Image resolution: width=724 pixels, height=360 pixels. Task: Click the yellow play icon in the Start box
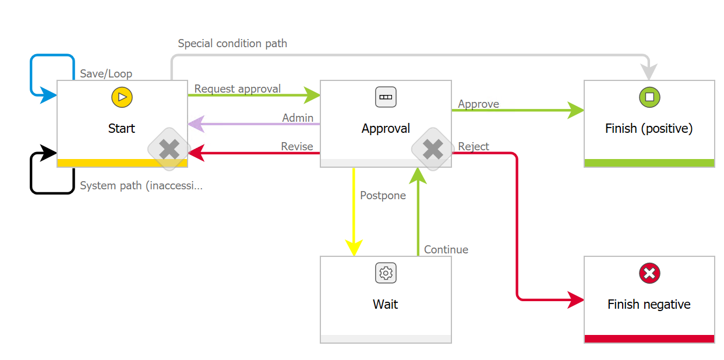(122, 97)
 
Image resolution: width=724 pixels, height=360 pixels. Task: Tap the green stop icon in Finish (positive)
(649, 97)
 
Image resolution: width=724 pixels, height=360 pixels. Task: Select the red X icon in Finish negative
(649, 273)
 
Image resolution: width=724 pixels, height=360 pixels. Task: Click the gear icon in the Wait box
(386, 273)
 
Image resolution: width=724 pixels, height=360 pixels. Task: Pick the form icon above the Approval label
(386, 97)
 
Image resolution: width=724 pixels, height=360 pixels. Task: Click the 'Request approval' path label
(238, 89)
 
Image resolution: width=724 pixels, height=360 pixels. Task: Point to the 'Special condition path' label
(232, 44)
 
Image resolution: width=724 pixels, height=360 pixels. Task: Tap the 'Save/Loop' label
(106, 74)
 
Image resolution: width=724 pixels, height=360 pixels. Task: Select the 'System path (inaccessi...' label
(142, 186)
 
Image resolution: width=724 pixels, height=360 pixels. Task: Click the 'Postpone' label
(383, 196)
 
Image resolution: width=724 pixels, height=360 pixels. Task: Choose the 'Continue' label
(446, 249)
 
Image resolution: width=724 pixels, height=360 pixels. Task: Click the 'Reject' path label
(474, 146)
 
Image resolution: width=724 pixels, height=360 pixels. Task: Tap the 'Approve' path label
(478, 104)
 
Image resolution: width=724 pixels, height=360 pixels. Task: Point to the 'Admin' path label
(298, 118)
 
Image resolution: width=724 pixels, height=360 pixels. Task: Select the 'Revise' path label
(297, 146)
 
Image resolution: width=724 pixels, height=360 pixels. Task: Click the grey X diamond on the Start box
(169, 150)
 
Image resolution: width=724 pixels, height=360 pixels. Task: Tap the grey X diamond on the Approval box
(433, 150)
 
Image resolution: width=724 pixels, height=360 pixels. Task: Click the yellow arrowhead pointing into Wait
(354, 248)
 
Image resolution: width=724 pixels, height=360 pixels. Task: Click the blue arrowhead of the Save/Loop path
(49, 94)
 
